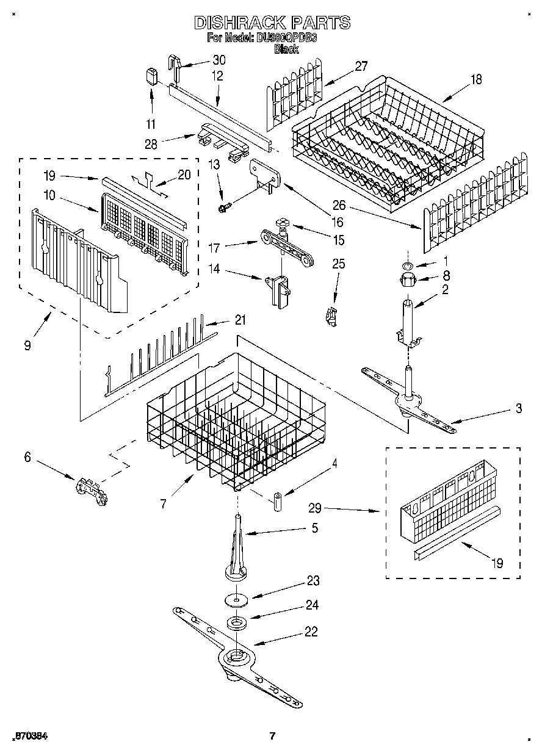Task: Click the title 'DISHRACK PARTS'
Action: pyautogui.click(x=272, y=23)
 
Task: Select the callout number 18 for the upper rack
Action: pyautogui.click(x=475, y=79)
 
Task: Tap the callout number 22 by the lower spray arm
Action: pyautogui.click(x=311, y=632)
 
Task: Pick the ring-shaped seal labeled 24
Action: pyautogui.click(x=235, y=624)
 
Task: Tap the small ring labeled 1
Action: pyautogui.click(x=408, y=265)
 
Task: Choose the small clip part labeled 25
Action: pyautogui.click(x=331, y=316)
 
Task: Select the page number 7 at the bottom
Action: pyautogui.click(x=272, y=735)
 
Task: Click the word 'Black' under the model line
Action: pyautogui.click(x=286, y=49)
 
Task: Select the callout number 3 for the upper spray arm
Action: pyautogui.click(x=518, y=408)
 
